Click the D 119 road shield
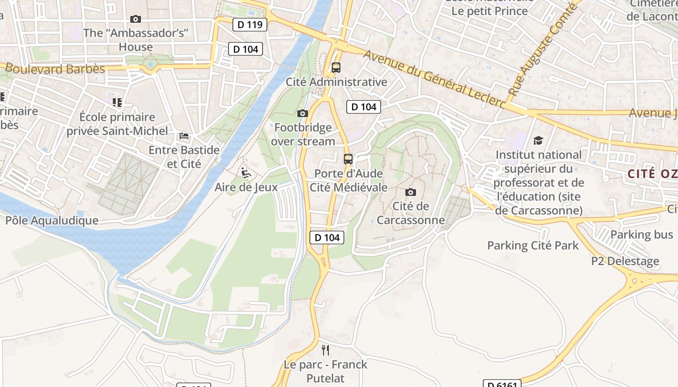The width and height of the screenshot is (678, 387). [250, 24]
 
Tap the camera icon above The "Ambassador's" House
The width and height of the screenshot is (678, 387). [136, 19]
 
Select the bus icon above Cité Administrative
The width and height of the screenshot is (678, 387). [336, 68]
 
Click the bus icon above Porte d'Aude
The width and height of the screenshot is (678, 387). [348, 159]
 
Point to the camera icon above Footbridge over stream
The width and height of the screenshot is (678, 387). [303, 113]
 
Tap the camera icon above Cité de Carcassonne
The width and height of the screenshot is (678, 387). [410, 192]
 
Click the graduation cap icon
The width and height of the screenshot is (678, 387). [538, 141]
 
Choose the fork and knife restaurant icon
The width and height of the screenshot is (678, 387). [325, 350]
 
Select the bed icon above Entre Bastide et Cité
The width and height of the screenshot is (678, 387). [184, 135]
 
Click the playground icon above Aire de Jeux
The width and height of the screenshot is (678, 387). [246, 172]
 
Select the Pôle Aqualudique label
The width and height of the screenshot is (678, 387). [52, 221]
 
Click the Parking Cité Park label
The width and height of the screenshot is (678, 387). [533, 245]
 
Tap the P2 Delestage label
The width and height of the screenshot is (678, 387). [625, 261]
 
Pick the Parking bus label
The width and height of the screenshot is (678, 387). [641, 235]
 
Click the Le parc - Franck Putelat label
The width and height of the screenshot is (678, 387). [325, 371]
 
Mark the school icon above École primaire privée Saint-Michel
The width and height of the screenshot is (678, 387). [117, 103]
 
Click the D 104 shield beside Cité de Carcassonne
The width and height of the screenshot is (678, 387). [327, 237]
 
